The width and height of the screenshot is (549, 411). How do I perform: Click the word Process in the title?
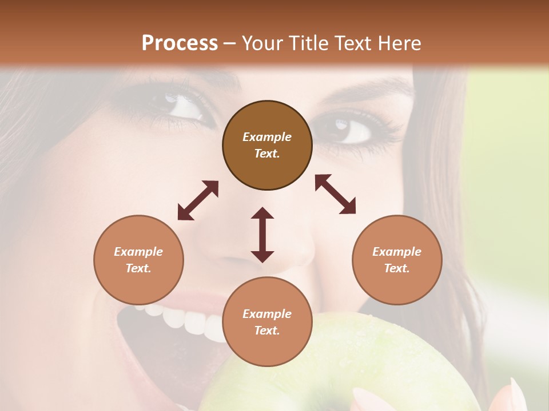click(180, 43)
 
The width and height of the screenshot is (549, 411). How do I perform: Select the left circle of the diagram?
click(138, 260)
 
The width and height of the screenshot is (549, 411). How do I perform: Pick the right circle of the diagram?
click(397, 260)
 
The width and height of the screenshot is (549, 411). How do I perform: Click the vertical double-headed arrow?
click(262, 235)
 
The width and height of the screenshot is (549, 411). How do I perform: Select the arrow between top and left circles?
click(198, 200)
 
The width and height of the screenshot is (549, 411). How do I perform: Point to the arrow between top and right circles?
click(335, 194)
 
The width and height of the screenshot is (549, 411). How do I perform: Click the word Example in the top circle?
click(267, 137)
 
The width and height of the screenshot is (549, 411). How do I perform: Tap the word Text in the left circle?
click(138, 268)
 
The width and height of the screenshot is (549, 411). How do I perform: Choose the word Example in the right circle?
click(397, 252)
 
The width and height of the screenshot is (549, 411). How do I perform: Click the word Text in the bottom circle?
click(267, 331)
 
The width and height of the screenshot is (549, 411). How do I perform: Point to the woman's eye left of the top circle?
click(183, 106)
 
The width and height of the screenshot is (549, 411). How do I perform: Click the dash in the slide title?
click(229, 43)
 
